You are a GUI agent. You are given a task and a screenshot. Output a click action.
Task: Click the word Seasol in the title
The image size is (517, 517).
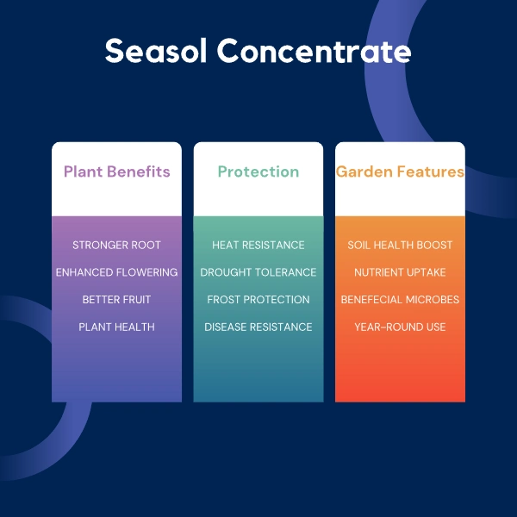[156, 51]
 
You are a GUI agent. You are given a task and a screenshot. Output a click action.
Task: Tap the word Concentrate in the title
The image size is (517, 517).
[314, 51]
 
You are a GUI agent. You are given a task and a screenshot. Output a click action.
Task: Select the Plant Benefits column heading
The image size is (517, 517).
[116, 171]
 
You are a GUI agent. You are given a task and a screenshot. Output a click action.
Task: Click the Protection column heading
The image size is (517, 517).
[258, 171]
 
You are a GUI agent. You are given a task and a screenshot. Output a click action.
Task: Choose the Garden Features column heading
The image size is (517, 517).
[400, 171]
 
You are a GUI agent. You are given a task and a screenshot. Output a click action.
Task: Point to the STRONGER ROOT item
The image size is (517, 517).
[116, 245]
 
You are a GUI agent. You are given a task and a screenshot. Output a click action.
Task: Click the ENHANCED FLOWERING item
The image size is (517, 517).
[116, 272]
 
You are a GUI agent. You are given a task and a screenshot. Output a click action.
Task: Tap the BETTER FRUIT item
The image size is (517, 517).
[116, 300]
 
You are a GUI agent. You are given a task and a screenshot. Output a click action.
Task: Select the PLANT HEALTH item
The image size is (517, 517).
[116, 327]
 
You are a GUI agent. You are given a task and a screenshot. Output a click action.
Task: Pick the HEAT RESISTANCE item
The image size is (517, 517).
[258, 245]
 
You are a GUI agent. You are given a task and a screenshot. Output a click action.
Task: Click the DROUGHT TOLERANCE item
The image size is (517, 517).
[258, 272]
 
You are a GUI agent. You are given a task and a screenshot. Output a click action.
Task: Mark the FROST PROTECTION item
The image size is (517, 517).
[258, 300]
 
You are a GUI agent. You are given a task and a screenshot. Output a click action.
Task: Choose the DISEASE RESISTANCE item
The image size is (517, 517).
[258, 327]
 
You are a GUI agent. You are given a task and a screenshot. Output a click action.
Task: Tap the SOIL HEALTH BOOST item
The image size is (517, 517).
[400, 245]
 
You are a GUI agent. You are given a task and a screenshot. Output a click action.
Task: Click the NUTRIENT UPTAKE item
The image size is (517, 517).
[400, 272]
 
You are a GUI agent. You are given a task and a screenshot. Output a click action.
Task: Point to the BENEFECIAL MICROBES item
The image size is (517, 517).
[400, 300]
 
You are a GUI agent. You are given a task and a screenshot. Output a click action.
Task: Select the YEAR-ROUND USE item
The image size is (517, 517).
[400, 327]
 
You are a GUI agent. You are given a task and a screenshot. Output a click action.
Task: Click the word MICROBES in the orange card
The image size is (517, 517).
[433, 300]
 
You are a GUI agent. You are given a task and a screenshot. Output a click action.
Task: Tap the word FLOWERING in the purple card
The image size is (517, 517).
[147, 272]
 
